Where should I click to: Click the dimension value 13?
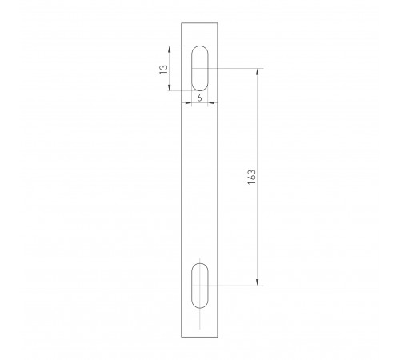pyautogui.click(x=163, y=69)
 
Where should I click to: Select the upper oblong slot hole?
pyautogui.click(x=200, y=69)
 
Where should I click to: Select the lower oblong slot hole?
pyautogui.click(x=200, y=283)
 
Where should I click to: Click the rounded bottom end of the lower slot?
pyautogui.click(x=200, y=306)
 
